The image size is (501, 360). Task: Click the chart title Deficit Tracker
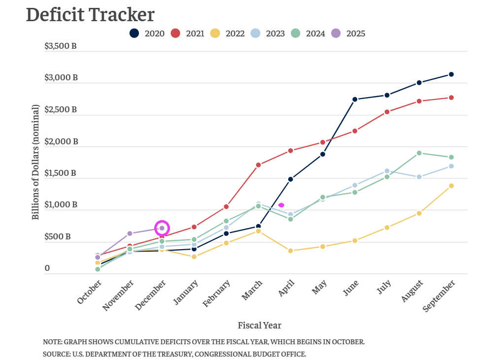click(90, 15)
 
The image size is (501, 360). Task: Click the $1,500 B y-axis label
click(61, 173)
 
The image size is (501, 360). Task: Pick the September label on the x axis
click(439, 295)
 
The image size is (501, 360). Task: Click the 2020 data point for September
click(451, 74)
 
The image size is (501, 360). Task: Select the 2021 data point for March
click(258, 165)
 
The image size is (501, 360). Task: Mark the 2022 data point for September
click(451, 186)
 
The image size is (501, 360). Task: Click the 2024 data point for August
click(419, 153)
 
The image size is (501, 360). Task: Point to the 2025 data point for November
click(130, 233)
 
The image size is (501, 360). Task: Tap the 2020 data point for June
click(355, 99)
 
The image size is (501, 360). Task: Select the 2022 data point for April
click(291, 251)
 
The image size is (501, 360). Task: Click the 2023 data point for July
click(387, 171)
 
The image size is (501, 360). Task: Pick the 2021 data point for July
click(387, 112)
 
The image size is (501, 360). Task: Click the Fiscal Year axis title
click(260, 326)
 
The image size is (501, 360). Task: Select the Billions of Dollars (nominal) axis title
click(35, 162)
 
